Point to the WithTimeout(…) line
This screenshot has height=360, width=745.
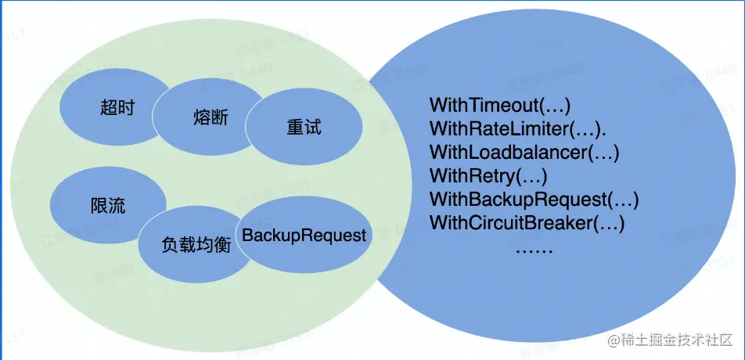500,105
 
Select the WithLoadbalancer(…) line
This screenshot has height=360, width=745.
524,152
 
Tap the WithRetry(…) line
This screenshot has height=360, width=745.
488,175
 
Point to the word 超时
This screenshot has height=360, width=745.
117,107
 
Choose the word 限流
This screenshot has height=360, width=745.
108,207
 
